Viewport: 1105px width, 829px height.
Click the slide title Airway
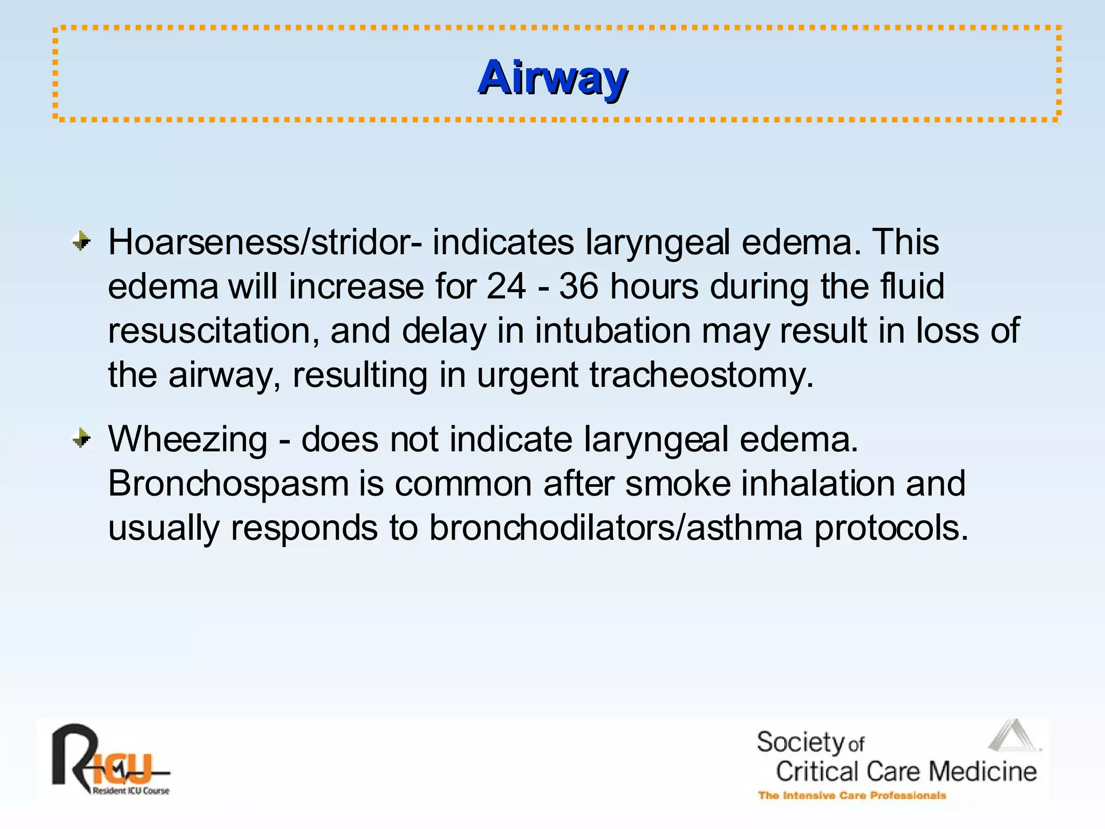click(x=552, y=78)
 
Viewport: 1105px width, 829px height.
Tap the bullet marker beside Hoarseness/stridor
click(x=81, y=241)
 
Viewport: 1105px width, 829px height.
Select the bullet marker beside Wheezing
click(x=81, y=438)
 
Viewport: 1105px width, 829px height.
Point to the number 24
click(x=506, y=286)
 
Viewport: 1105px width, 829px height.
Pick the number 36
click(x=578, y=286)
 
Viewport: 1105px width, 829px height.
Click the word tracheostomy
click(x=701, y=375)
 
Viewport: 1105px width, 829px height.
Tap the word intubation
click(x=612, y=330)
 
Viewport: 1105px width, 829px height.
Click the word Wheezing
click(x=187, y=440)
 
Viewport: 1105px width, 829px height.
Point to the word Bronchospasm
click(x=228, y=484)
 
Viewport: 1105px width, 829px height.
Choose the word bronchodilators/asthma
click(x=616, y=527)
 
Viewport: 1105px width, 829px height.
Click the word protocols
click(x=891, y=527)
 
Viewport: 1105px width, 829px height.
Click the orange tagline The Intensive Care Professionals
click(x=852, y=796)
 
